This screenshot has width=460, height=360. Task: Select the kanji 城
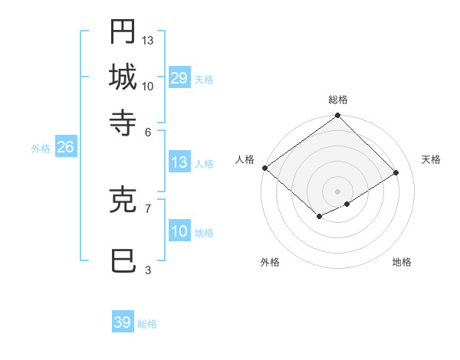click(123, 77)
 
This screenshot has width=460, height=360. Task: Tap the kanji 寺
click(123, 123)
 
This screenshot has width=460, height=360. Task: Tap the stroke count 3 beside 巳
click(148, 270)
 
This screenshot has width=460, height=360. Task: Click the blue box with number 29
click(179, 78)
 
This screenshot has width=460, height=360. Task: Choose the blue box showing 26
click(65, 148)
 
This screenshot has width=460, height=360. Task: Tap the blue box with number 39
click(123, 322)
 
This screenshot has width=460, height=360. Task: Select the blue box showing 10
click(179, 231)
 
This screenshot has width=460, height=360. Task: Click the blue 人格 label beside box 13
click(204, 163)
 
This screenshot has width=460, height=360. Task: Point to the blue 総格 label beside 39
click(147, 324)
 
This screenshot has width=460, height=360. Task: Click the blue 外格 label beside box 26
click(41, 149)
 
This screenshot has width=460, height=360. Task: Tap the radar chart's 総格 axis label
click(337, 100)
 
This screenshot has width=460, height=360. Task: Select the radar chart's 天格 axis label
click(431, 159)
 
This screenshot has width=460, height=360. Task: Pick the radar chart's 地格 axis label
click(402, 262)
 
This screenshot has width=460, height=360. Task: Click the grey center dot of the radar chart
click(337, 191)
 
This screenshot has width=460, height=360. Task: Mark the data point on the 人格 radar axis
click(264, 168)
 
